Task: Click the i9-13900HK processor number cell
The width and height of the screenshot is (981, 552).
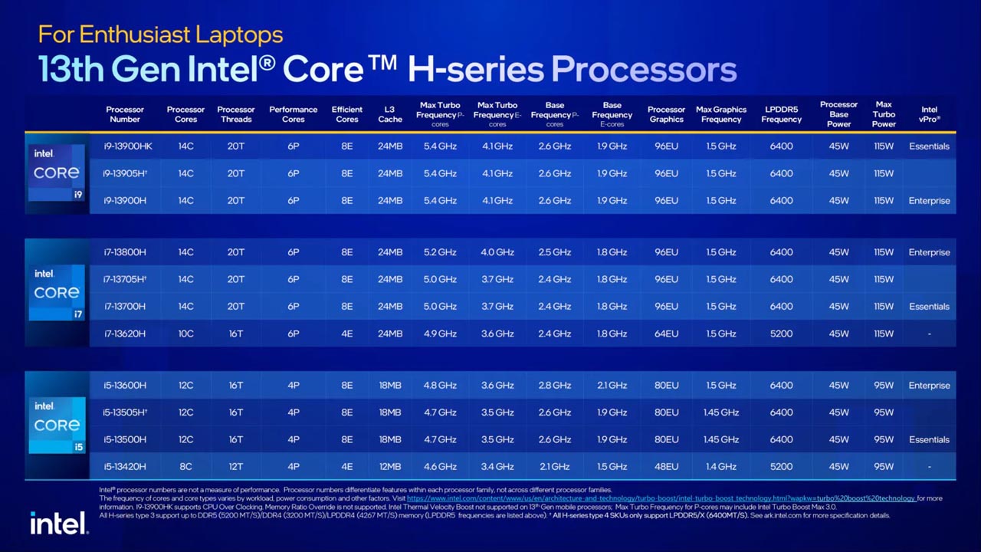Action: (128, 146)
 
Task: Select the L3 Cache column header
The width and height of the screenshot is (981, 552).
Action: (389, 114)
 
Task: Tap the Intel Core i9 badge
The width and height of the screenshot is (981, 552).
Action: (57, 172)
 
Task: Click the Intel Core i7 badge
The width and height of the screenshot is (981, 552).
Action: (57, 292)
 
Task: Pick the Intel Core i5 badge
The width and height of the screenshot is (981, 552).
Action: (57, 425)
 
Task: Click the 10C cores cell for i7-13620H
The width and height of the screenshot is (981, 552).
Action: (185, 333)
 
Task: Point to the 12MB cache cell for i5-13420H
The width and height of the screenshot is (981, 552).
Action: (389, 466)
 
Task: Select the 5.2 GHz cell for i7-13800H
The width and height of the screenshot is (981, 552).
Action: (440, 252)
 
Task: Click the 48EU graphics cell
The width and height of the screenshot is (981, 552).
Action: (666, 466)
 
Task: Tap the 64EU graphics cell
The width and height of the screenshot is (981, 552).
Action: (666, 333)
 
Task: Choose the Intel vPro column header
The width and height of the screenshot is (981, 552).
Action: (929, 114)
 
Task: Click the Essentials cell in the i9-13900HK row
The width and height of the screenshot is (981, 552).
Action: (929, 146)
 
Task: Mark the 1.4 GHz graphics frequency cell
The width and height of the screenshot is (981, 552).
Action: (720, 466)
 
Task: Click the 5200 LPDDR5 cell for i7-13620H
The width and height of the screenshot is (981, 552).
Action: (781, 333)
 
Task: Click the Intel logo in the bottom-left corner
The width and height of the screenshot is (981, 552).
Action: (58, 523)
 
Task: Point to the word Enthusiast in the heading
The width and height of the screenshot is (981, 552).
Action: (133, 34)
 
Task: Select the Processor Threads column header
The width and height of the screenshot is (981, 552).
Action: (235, 114)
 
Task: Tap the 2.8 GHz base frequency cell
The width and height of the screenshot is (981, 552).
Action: (554, 385)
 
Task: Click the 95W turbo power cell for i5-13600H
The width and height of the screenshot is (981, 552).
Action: (884, 385)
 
